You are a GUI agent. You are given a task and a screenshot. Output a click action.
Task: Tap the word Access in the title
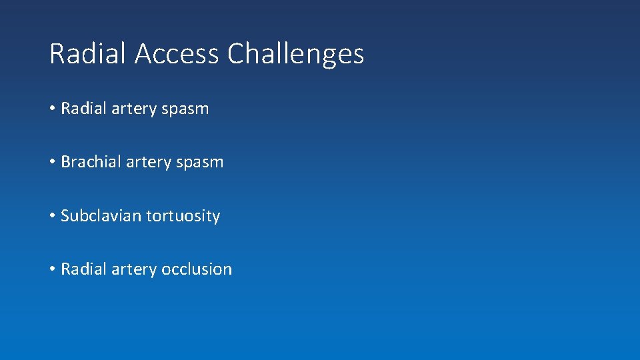point(177,53)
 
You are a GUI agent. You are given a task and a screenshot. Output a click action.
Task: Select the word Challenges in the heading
point(295,53)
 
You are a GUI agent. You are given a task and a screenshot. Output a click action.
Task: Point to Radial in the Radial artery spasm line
point(80,109)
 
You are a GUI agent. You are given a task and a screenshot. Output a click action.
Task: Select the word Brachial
point(87,162)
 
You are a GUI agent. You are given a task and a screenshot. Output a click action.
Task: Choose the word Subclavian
point(99,216)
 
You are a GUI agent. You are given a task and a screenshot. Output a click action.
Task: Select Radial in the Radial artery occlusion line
point(80,269)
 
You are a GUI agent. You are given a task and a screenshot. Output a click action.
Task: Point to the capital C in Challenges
point(236,53)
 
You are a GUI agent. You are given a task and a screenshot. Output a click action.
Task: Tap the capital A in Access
point(143,53)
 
